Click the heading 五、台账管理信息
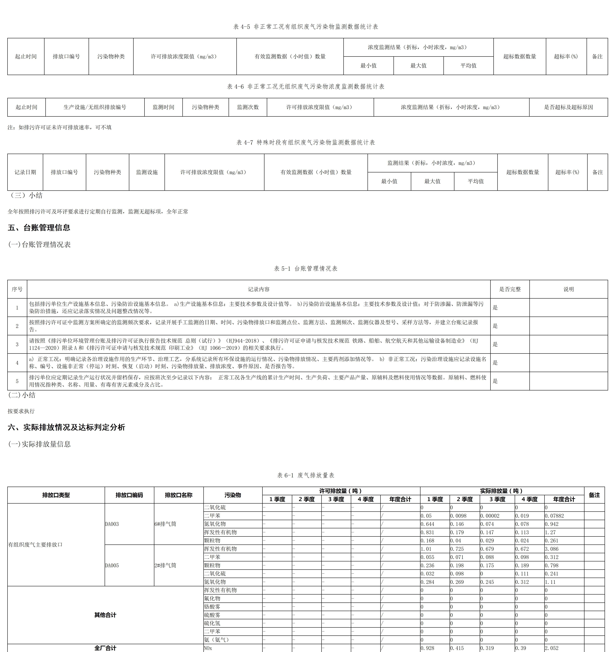click(x=39, y=228)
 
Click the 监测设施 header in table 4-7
click(x=147, y=172)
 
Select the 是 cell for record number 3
click(x=495, y=344)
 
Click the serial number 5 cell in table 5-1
click(x=17, y=381)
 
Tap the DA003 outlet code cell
click(x=112, y=524)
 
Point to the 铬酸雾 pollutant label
click(x=212, y=607)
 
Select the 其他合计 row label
click(x=105, y=615)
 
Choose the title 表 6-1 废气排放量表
click(x=306, y=475)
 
